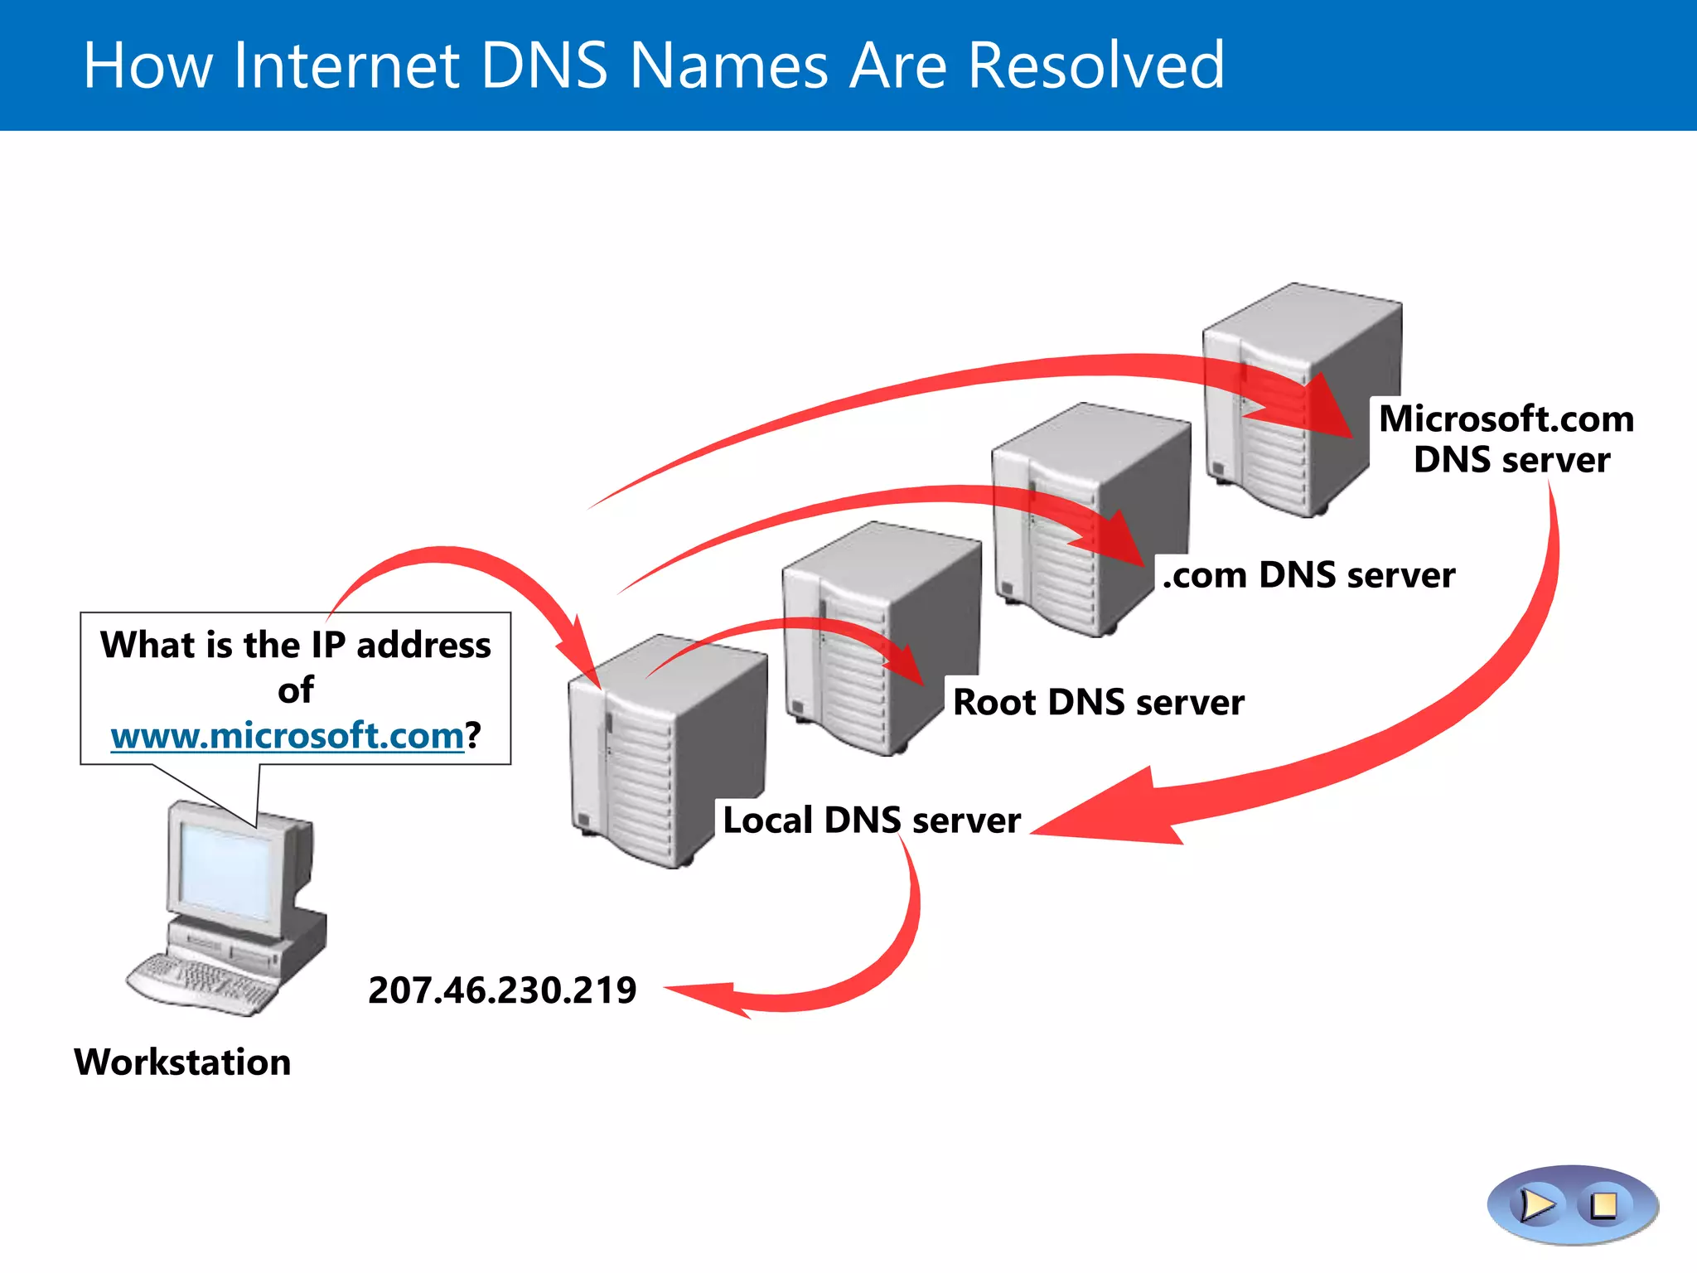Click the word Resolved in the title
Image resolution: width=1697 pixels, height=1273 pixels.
(x=1095, y=65)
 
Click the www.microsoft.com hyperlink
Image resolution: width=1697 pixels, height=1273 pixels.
(x=287, y=735)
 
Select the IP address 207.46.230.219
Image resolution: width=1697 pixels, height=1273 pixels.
(x=502, y=990)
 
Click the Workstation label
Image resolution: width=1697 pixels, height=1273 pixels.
(x=182, y=1062)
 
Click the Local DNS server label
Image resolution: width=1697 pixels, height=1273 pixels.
(x=871, y=820)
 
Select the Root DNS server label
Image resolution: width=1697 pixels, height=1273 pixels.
(x=1098, y=702)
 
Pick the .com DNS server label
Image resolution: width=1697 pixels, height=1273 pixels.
(x=1308, y=575)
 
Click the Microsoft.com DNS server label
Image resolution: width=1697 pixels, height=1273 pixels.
(x=1506, y=439)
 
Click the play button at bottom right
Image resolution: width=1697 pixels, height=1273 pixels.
(x=1537, y=1205)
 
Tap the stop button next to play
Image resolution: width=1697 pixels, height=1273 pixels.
(x=1604, y=1205)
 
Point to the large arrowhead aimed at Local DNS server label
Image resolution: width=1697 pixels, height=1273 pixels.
(x=1110, y=812)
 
